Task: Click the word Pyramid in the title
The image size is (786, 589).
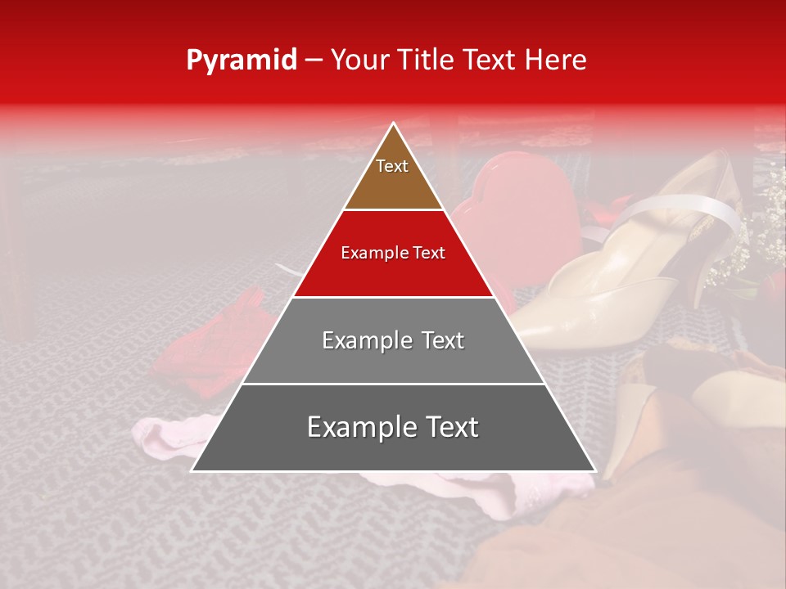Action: tap(242, 61)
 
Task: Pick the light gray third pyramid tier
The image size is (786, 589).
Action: tap(393, 360)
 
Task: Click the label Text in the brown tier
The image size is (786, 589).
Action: tap(392, 166)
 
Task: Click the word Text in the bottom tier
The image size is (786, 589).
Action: tap(446, 427)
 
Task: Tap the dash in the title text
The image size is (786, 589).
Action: tap(313, 61)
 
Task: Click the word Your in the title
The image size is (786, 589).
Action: tap(359, 60)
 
